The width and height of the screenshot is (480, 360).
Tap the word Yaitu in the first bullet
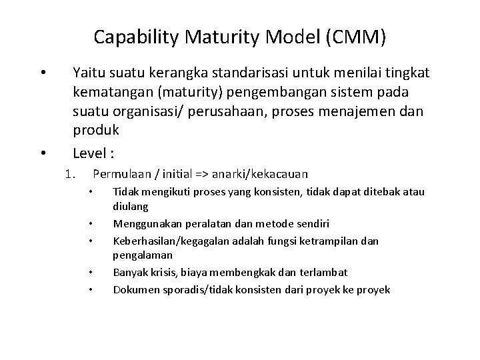click(89, 71)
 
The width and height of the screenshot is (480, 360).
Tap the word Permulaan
click(121, 175)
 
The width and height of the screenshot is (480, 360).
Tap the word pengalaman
click(143, 255)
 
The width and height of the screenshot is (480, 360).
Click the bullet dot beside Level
click(42, 154)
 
